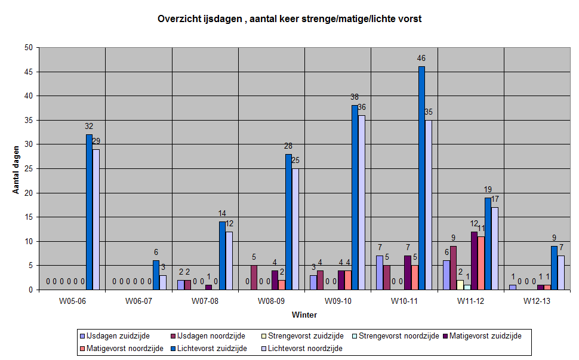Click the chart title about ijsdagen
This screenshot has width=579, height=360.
[289, 19]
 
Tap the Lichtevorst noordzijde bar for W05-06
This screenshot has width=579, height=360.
[96, 219]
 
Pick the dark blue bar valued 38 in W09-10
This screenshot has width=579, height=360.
[355, 198]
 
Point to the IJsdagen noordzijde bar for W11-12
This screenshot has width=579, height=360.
[453, 268]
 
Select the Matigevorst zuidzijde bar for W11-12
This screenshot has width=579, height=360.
[474, 261]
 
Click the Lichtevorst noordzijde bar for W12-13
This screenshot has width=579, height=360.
[560, 273]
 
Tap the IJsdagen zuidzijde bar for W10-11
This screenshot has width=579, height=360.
[380, 273]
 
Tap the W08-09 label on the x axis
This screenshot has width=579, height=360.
[272, 301]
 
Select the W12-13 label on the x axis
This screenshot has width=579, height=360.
[538, 301]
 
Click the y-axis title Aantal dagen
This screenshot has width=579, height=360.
[17, 168]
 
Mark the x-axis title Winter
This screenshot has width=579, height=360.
[304, 315]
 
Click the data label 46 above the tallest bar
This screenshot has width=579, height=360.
[421, 59]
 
